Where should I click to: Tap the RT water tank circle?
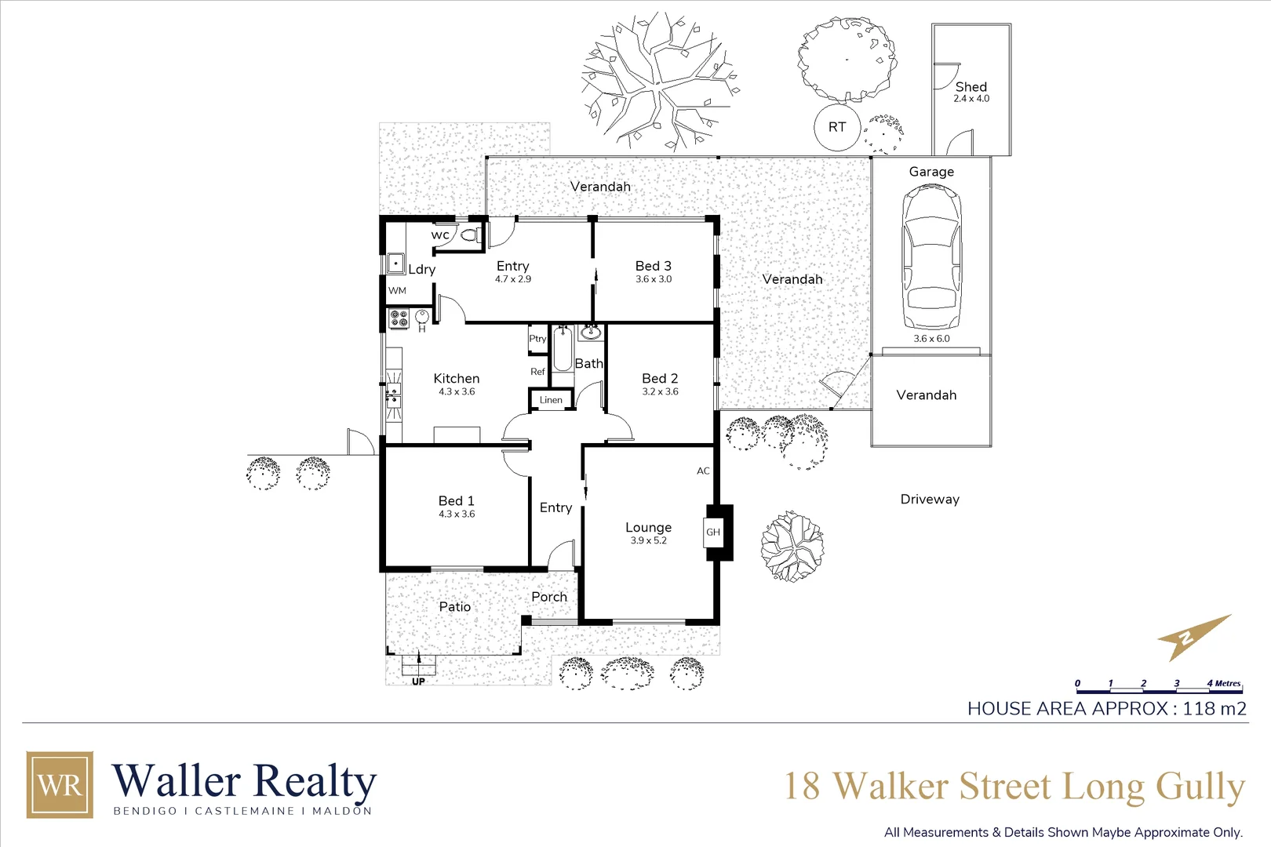[837, 127]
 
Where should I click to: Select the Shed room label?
[971, 87]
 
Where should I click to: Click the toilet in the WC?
[469, 234]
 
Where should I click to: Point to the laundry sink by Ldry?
[395, 263]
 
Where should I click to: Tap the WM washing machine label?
[398, 291]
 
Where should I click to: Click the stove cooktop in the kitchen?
[399, 318]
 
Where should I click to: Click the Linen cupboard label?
[551, 400]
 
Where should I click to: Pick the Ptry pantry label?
[537, 339]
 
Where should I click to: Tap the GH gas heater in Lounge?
[713, 532]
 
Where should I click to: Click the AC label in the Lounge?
[703, 471]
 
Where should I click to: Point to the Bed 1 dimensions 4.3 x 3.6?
[457, 514]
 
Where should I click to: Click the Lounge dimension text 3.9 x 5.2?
[648, 540]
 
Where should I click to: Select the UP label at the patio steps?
[418, 682]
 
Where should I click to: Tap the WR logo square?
[60, 784]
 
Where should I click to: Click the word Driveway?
[930, 500]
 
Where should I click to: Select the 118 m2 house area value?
[1214, 709]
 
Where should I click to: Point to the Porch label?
[549, 597]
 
